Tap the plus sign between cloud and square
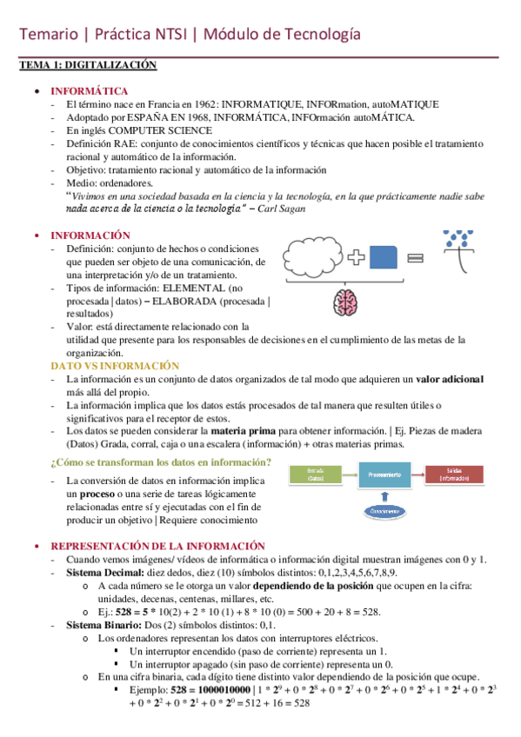coord(357,258)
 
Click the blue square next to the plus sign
coord(384,258)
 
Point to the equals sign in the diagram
coord(415,258)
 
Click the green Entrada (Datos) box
coord(315,475)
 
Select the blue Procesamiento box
coord(384,475)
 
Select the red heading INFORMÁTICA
coord(89,91)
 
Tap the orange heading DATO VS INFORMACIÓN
coord(115,367)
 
